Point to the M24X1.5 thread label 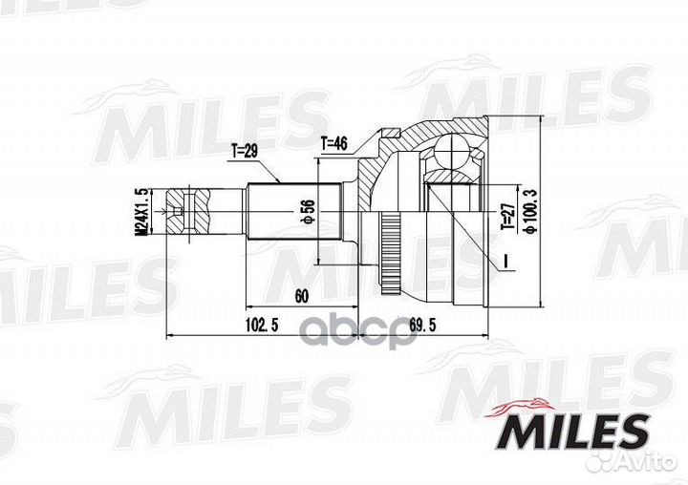click(x=142, y=212)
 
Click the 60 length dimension click(x=301, y=296)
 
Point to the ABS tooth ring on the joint click(x=390, y=249)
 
